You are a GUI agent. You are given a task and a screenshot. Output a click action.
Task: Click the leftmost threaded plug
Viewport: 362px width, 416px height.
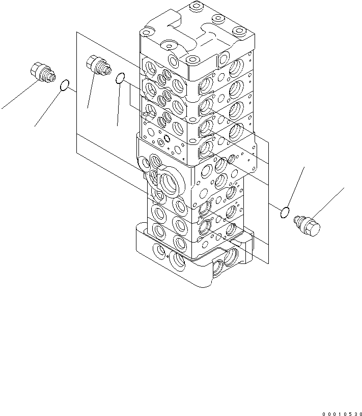click(x=43, y=72)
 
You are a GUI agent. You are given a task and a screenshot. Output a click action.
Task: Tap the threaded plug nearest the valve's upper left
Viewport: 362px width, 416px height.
click(x=99, y=65)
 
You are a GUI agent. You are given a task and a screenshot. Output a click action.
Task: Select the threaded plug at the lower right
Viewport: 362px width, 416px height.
click(x=307, y=225)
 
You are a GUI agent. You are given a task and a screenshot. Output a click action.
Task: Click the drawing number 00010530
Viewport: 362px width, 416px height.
click(x=342, y=413)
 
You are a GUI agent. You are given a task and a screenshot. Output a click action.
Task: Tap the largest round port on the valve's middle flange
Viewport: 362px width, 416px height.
click(x=169, y=182)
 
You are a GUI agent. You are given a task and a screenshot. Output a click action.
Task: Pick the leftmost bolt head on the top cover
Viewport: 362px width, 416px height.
click(x=146, y=33)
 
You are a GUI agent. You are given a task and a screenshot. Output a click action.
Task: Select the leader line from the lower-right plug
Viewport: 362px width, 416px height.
click(x=327, y=203)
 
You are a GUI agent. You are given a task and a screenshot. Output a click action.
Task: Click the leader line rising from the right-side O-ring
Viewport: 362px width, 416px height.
click(x=296, y=187)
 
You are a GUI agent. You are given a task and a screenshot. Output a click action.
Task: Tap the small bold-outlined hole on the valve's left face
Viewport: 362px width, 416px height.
click(x=167, y=138)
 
